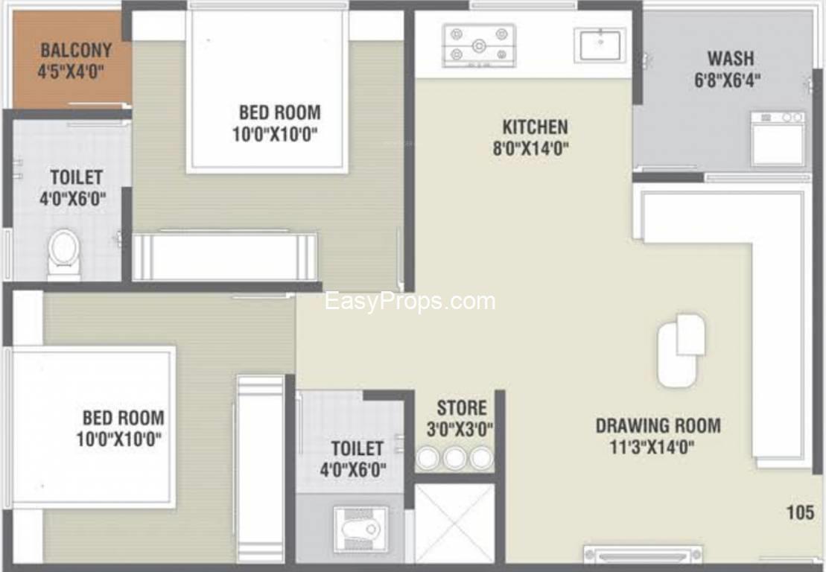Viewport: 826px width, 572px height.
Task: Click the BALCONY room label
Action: pyautogui.click(x=77, y=50)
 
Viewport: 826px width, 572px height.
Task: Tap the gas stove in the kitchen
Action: pyautogui.click(x=479, y=45)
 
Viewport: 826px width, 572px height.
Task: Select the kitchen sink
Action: pyautogui.click(x=600, y=45)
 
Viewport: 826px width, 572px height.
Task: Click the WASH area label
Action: pyautogui.click(x=730, y=58)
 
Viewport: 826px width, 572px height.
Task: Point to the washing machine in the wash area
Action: pyautogui.click(x=778, y=139)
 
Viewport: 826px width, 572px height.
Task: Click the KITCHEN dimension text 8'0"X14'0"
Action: pyautogui.click(x=530, y=148)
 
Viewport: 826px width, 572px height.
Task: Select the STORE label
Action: pyautogui.click(x=462, y=407)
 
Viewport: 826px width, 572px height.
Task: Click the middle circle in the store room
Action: pyautogui.click(x=454, y=458)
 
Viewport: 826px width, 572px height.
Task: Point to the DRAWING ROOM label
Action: pyautogui.click(x=658, y=425)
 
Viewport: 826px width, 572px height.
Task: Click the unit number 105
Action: pyautogui.click(x=800, y=512)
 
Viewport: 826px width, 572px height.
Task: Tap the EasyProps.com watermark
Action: pyautogui.click(x=410, y=302)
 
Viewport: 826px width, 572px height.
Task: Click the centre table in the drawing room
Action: pyautogui.click(x=681, y=350)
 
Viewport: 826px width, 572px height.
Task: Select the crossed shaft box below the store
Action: pyautogui.click(x=454, y=523)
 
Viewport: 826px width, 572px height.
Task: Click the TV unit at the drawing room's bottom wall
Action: pyautogui.click(x=643, y=555)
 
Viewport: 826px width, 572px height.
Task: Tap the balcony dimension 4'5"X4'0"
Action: pyautogui.click(x=71, y=71)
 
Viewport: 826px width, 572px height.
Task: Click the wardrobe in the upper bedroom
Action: pyautogui.click(x=224, y=256)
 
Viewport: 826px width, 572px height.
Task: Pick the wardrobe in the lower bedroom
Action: pyautogui.click(x=260, y=468)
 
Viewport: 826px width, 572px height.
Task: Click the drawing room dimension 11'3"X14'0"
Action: pyautogui.click(x=652, y=448)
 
